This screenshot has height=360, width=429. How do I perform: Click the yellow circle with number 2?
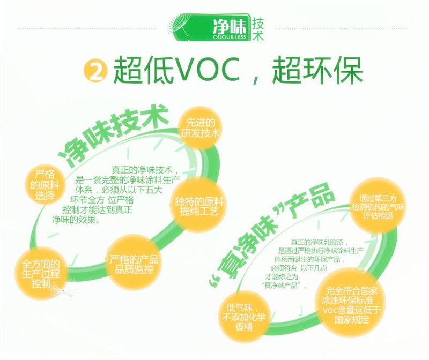point(95,71)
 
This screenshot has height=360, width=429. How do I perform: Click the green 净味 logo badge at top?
point(210,27)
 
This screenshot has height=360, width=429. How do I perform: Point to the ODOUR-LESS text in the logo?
point(230,37)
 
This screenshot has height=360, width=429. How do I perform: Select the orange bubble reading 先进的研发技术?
point(200,129)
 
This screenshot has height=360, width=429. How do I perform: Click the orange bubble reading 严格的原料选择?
point(45,185)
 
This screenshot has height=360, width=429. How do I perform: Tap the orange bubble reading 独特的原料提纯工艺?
point(199,206)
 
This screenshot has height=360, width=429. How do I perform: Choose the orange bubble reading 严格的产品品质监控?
point(134,262)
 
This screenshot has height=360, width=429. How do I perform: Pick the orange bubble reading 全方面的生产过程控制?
point(41,274)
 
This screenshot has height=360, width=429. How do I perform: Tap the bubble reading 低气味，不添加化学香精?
point(243,317)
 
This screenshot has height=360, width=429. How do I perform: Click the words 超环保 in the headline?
point(317,70)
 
